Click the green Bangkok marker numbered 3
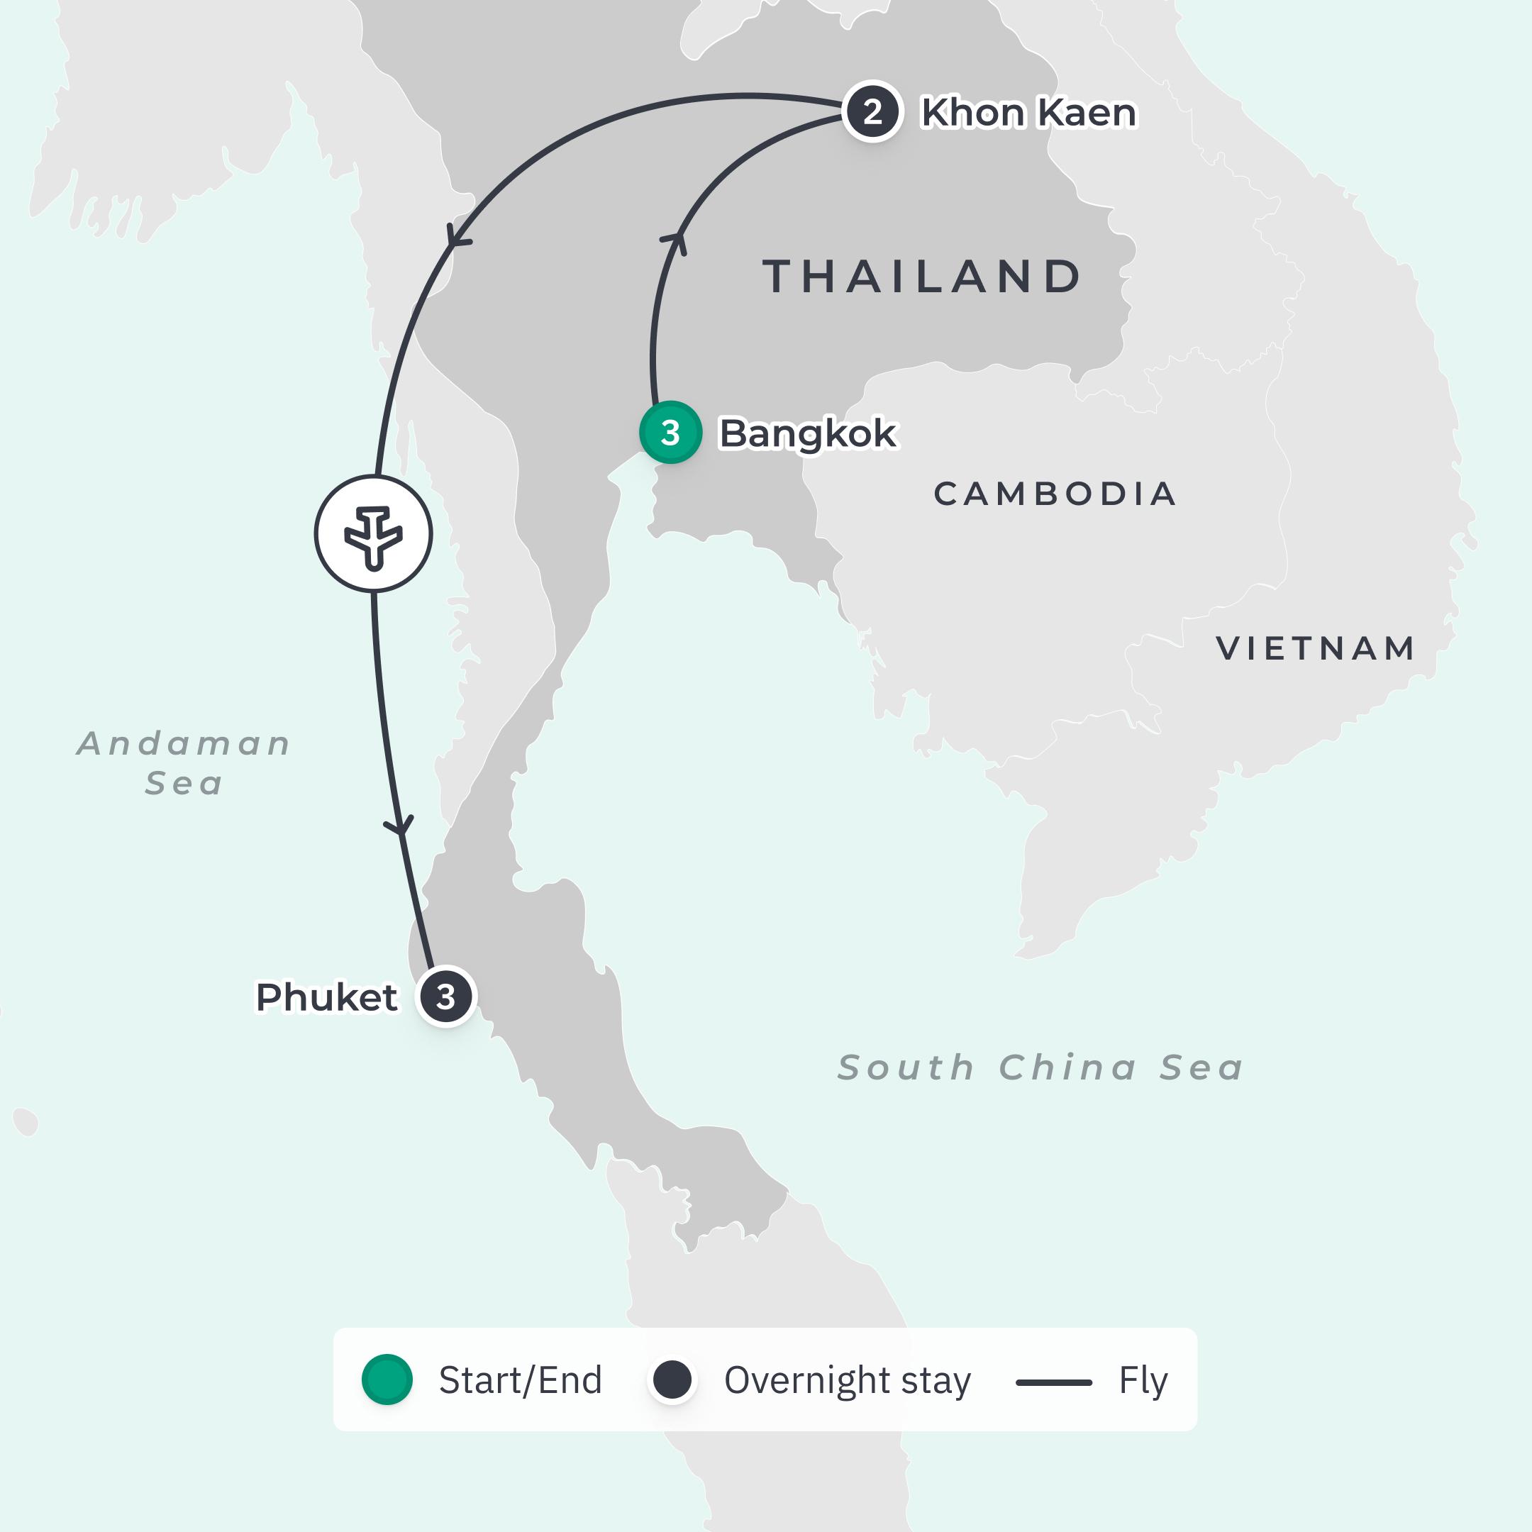[x=670, y=432]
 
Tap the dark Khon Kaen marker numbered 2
[x=872, y=112]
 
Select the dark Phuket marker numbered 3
[x=445, y=997]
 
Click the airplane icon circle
[x=374, y=533]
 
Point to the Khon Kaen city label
[x=1028, y=113]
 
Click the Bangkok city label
[x=807, y=434]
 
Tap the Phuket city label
[x=326, y=997]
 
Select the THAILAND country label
[x=922, y=277]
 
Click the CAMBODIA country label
[x=1055, y=494]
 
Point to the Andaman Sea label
[x=184, y=763]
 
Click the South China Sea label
[x=1040, y=1067]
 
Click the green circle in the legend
[x=387, y=1380]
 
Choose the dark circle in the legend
[x=672, y=1380]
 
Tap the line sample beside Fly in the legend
[x=1054, y=1382]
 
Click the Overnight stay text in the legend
[x=847, y=1380]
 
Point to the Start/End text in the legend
[x=520, y=1380]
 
